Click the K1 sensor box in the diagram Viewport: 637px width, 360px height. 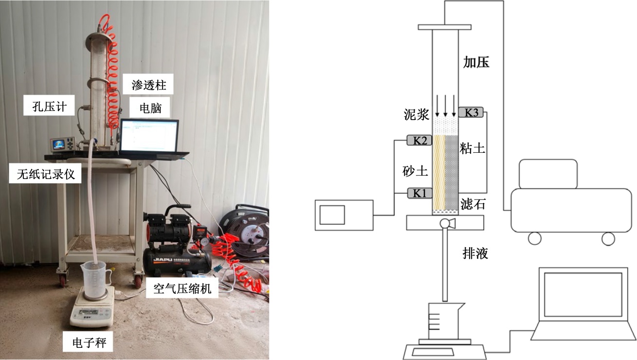tap(419, 193)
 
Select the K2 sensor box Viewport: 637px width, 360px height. tap(419, 141)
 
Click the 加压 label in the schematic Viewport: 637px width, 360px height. tap(476, 62)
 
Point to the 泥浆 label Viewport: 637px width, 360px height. tap(417, 114)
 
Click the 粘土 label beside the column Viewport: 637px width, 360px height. tap(473, 149)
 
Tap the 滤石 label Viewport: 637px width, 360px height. tap(473, 203)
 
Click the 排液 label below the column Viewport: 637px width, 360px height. tap(475, 253)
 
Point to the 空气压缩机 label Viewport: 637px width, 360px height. tap(182, 288)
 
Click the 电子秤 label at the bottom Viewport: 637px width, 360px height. tap(92, 343)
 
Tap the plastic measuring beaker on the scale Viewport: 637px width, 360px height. tap(93, 280)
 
